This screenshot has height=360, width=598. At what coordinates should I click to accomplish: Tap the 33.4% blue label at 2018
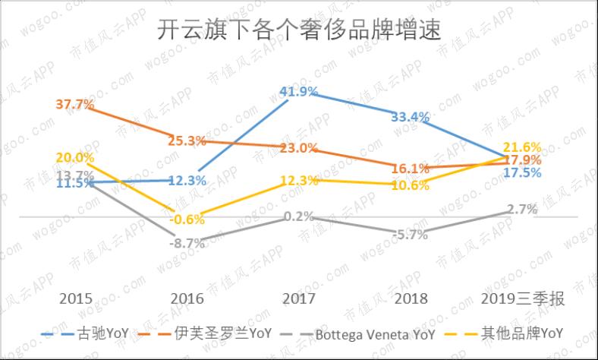click(411, 117)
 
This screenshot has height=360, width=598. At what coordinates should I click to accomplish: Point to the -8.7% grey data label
click(187, 244)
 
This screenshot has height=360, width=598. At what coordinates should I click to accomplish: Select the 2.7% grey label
click(523, 209)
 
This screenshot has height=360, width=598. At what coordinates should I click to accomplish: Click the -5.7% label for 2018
click(411, 235)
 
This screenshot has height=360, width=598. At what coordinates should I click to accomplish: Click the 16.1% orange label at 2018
click(411, 168)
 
